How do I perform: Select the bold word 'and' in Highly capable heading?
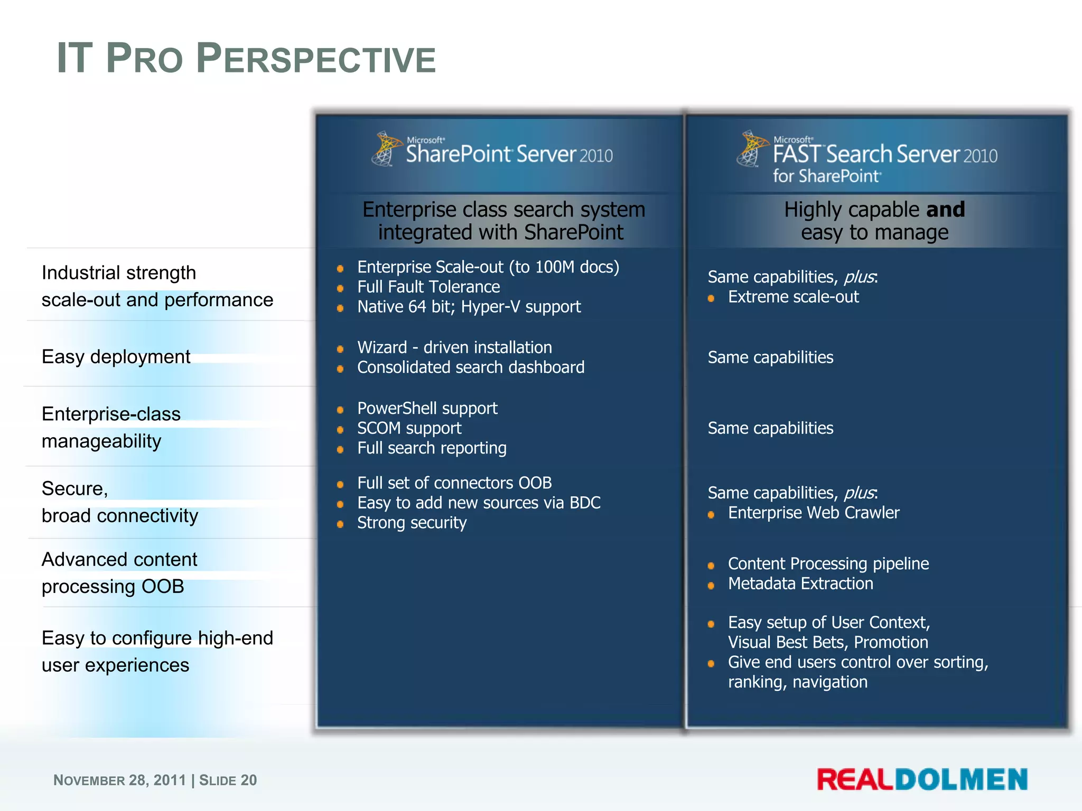tap(945, 210)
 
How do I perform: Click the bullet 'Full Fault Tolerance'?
tap(428, 287)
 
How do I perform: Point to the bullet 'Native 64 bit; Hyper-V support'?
tap(469, 307)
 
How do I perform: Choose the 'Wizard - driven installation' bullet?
tap(454, 347)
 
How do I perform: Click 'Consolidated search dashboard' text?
tap(470, 367)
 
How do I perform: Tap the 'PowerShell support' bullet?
tap(427, 408)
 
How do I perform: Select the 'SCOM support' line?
tap(409, 428)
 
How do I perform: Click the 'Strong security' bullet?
tap(412, 523)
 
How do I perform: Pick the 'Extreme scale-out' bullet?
tap(793, 297)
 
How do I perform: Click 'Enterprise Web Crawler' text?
tap(813, 513)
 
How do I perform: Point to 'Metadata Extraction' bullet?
tap(800, 583)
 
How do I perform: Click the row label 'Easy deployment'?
tap(116, 357)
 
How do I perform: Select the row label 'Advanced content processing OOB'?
tap(119, 573)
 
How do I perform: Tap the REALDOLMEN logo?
tap(922, 780)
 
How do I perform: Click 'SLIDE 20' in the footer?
tap(228, 780)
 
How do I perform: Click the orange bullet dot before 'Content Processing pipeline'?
tap(711, 565)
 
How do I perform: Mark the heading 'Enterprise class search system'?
tap(503, 210)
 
